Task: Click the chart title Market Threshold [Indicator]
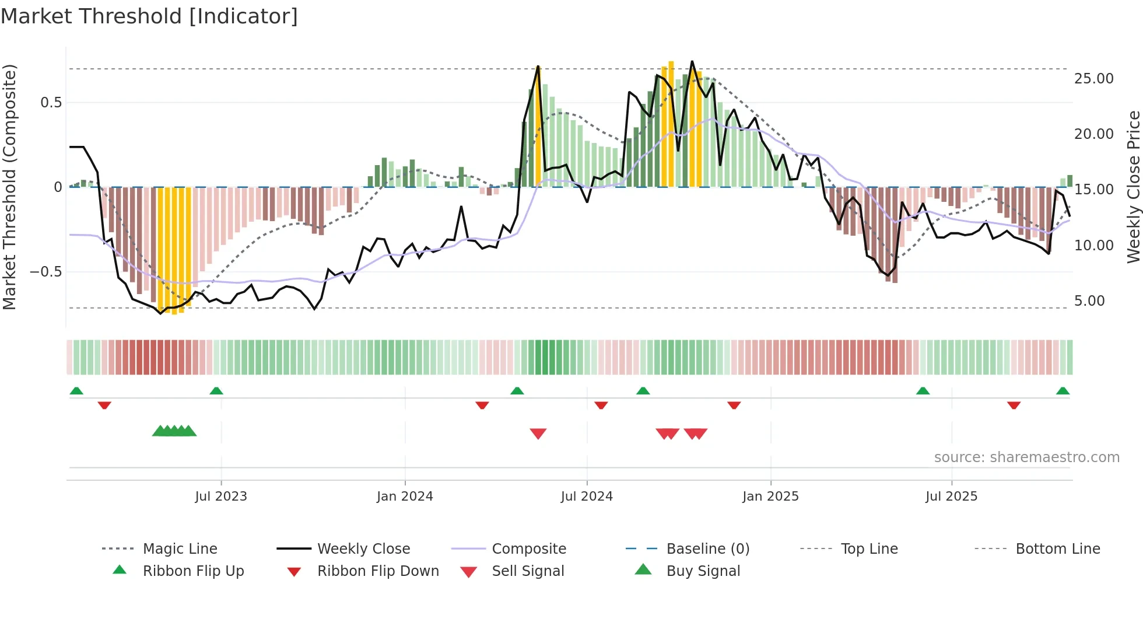click(x=149, y=16)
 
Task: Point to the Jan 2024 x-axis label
click(x=405, y=497)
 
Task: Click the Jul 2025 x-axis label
click(x=951, y=497)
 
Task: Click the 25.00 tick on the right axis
click(x=1093, y=79)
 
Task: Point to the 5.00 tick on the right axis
click(x=1089, y=301)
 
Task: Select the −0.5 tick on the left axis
click(x=45, y=272)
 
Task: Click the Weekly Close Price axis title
click(x=1133, y=187)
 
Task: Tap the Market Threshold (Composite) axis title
click(x=9, y=187)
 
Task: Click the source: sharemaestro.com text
click(x=1026, y=457)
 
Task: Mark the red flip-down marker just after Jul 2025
click(x=1014, y=405)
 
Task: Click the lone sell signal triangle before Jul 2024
click(x=538, y=434)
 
